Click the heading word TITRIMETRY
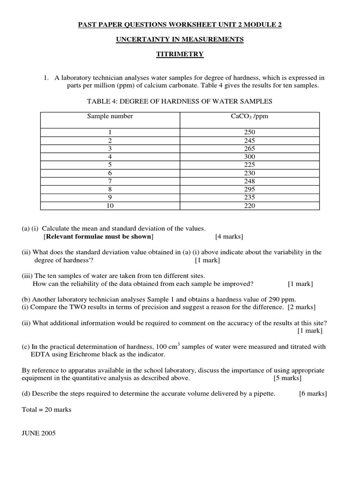click(x=180, y=54)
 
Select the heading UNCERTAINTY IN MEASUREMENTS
click(x=180, y=39)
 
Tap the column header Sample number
click(x=110, y=116)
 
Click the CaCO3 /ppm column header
click(x=249, y=116)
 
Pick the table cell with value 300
click(x=249, y=157)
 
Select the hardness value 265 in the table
click(x=249, y=149)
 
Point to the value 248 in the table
click(x=249, y=181)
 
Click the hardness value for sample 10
click(x=249, y=205)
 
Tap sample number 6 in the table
click(x=110, y=173)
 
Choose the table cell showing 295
click(x=249, y=189)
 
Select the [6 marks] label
click(x=313, y=394)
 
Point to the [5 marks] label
click(x=287, y=378)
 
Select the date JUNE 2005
click(x=39, y=433)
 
